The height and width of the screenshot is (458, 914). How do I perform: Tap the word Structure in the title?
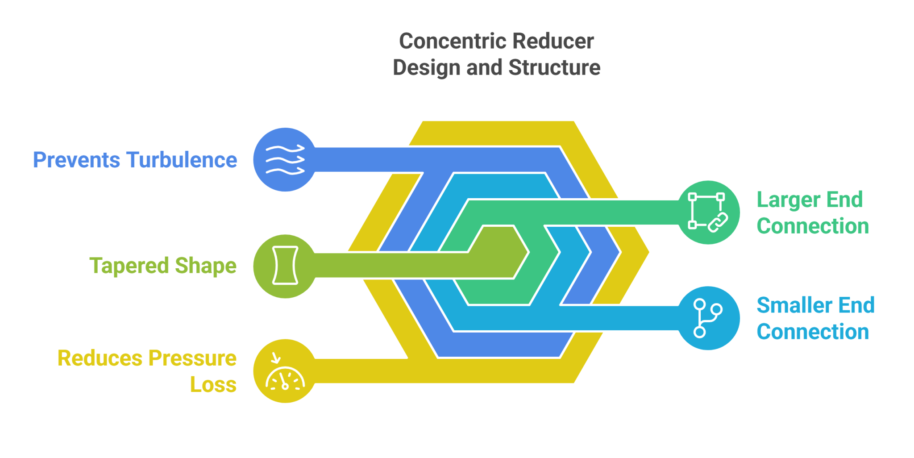click(554, 68)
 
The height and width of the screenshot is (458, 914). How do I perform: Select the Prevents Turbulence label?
click(135, 160)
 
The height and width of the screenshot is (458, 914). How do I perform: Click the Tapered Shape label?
click(163, 266)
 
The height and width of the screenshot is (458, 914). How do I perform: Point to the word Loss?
click(213, 385)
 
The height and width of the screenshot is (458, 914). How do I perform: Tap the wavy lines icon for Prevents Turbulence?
click(285, 160)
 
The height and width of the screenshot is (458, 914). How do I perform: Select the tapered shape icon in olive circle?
click(285, 266)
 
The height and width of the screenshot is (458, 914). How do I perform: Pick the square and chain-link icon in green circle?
click(708, 212)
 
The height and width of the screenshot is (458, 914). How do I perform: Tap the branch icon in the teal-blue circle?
click(708, 318)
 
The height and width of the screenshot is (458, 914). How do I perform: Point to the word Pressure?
click(192, 358)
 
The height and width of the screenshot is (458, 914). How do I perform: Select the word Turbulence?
click(182, 160)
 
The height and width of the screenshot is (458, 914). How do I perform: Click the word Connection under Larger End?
click(813, 226)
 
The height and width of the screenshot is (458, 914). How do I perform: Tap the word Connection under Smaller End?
click(813, 332)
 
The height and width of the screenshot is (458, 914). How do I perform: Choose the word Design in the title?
click(426, 68)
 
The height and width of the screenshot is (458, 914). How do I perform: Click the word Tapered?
click(129, 266)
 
